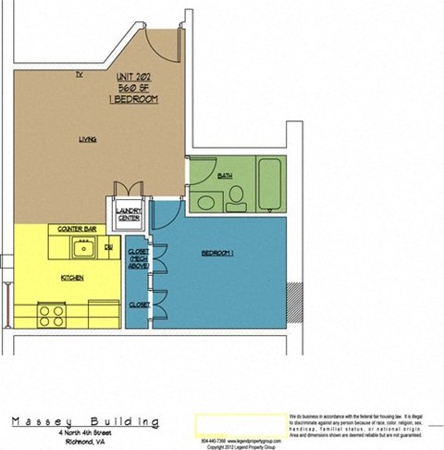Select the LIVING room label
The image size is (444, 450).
point(88,141)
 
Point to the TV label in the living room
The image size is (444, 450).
point(80,74)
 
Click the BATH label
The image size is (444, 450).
point(225,175)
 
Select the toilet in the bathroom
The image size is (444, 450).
point(236,194)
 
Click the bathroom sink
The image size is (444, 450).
point(205,200)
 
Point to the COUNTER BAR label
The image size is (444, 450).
point(78,228)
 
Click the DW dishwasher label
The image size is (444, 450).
point(108,247)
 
